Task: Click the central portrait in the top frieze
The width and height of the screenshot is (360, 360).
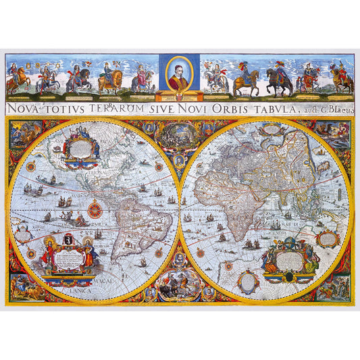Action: click(x=180, y=73)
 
